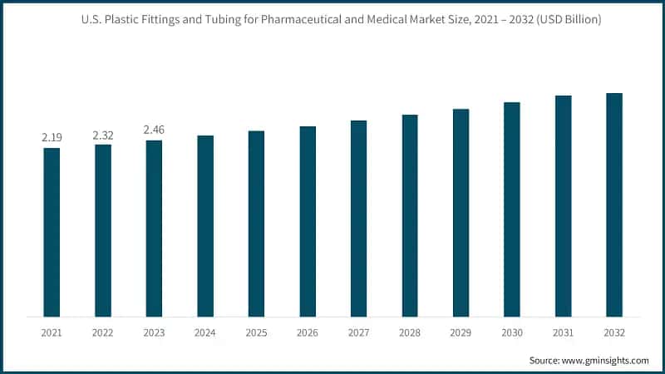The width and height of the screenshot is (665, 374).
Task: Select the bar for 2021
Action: point(52,232)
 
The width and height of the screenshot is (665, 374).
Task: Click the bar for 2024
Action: point(205,226)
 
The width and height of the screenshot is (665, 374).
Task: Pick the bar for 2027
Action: point(358,219)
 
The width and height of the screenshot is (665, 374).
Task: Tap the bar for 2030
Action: point(512,209)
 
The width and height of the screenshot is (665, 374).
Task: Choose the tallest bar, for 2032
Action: point(614,204)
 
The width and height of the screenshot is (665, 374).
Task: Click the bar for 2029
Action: point(461,213)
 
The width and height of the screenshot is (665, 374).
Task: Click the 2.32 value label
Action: point(103,135)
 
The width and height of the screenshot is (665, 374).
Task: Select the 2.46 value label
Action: point(154,130)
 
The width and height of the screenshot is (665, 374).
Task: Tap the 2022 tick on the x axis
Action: point(103,332)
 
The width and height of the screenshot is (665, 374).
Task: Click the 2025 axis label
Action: point(256,332)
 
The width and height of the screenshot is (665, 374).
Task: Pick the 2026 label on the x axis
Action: point(308,332)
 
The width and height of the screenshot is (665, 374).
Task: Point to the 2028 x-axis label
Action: point(410,332)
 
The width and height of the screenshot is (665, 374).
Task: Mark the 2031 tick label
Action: point(563,332)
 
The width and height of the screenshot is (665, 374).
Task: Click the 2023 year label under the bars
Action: point(154,332)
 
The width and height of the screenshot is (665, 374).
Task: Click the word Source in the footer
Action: point(545,360)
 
